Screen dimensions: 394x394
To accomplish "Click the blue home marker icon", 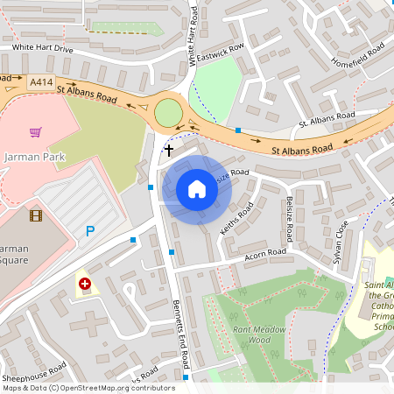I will click(197, 189).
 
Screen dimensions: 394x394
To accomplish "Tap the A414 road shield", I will click(39, 81).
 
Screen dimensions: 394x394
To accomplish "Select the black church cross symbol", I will click(168, 151).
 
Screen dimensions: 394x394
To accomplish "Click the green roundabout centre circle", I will click(167, 113).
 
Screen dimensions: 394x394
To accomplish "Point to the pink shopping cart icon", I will click(36, 133).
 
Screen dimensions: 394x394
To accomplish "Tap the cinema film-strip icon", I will click(36, 215).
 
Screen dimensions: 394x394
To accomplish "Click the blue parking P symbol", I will click(89, 231).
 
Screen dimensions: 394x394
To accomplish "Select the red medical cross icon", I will click(85, 284).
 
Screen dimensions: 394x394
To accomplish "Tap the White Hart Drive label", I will click(42, 48).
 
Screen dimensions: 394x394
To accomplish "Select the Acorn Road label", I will click(264, 254).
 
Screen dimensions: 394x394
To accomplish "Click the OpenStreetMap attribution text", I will click(88, 388).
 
